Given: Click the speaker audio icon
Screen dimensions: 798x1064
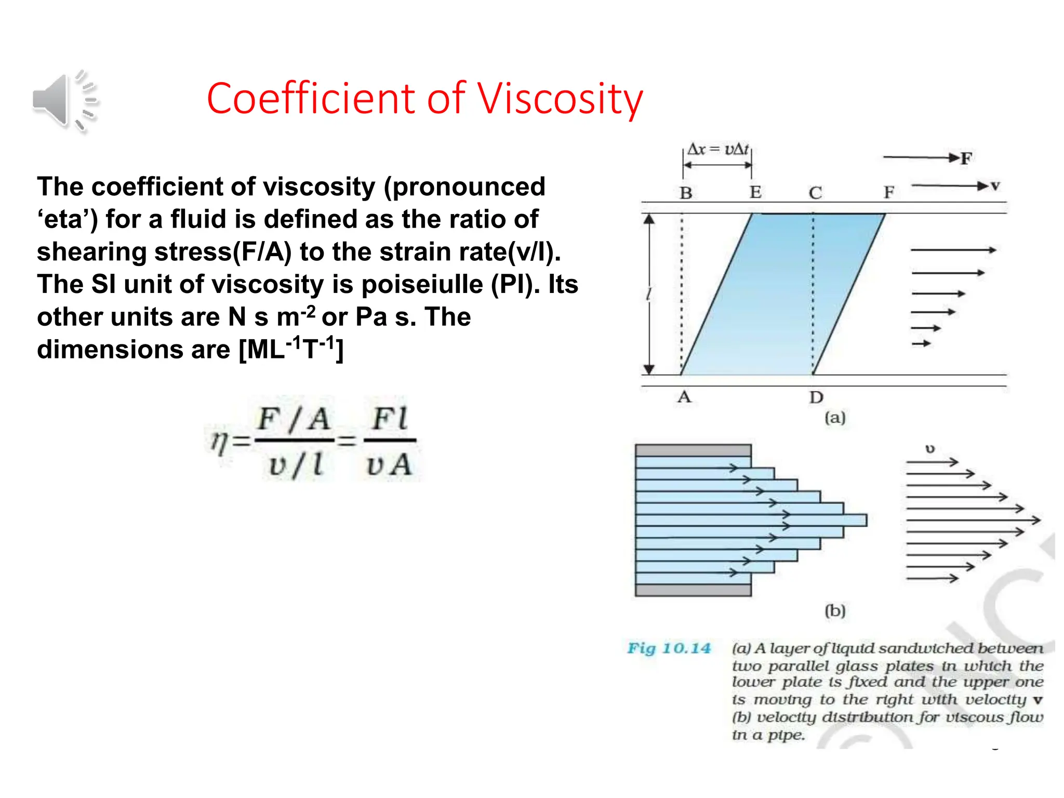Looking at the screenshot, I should click(63, 101).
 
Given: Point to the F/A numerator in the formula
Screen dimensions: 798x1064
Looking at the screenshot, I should click(294, 419).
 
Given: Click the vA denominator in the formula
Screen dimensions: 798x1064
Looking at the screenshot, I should click(389, 464).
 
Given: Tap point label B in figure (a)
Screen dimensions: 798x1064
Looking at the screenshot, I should click(686, 193).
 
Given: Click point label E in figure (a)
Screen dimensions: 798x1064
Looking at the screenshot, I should click(755, 193).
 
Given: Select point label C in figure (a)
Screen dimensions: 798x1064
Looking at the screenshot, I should click(815, 193).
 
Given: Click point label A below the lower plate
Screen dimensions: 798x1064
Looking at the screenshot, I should click(684, 397).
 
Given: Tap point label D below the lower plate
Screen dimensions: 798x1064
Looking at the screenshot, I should click(816, 398).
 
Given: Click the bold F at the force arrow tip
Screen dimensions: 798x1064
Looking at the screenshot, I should click(966, 158).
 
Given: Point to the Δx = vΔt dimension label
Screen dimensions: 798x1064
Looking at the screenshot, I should click(718, 150).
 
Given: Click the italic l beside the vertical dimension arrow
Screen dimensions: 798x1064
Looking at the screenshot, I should click(648, 295).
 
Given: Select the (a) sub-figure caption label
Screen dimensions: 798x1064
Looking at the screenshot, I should click(835, 418).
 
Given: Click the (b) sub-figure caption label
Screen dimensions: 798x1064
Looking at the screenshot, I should click(835, 610).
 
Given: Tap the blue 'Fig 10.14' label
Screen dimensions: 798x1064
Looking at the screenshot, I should click(669, 648).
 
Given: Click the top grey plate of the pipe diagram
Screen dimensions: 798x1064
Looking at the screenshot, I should click(693, 450).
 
